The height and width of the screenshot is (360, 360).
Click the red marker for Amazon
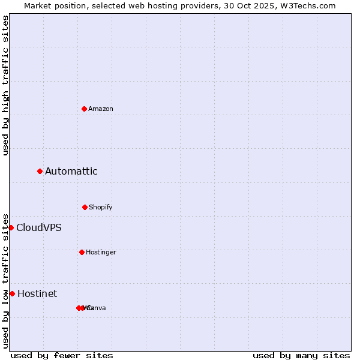[x=85, y=109]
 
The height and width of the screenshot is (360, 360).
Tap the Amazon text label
[x=101, y=109]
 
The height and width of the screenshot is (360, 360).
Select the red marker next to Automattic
[x=40, y=172]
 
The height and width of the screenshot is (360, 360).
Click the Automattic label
[x=71, y=172]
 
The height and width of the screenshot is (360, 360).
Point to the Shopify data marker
[x=85, y=207]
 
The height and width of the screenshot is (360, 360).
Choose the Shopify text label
[x=101, y=207]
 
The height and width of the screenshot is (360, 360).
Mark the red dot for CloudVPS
[x=11, y=227]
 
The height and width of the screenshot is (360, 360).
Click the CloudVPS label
[x=39, y=228]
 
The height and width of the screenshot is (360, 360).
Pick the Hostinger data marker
[x=82, y=252]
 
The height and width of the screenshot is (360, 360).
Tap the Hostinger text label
[x=101, y=252]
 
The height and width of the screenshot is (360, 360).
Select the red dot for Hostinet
[x=12, y=293]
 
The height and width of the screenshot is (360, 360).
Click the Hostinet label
[x=37, y=294]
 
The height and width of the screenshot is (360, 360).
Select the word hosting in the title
[x=158, y=5]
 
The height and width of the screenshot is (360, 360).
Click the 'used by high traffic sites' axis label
[x=5, y=85]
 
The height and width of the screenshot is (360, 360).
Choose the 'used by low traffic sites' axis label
[x=5, y=280]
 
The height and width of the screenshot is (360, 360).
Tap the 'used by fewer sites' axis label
[x=62, y=355]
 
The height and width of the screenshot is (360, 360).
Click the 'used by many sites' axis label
[x=301, y=355]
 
